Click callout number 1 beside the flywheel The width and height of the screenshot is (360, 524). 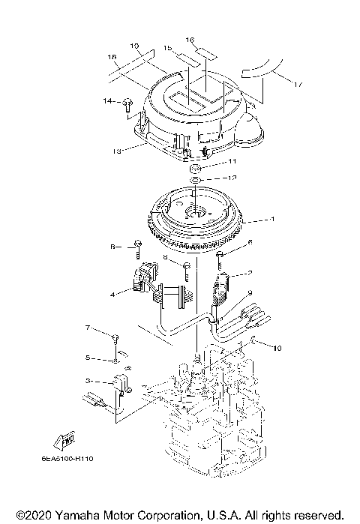point(273,220)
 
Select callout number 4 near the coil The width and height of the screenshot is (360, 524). point(112,295)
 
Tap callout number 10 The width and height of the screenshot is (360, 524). point(277,348)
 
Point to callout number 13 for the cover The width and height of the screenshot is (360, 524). point(116,151)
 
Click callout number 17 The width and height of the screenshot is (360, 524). point(298,85)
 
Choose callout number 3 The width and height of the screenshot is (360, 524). point(88,381)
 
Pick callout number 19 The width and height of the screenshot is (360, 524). point(135,46)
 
